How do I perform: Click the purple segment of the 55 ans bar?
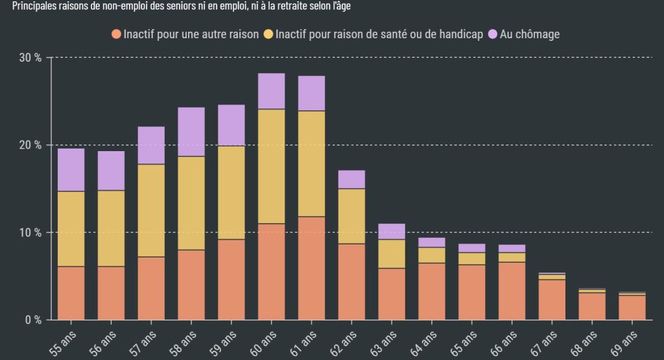tap(71, 170)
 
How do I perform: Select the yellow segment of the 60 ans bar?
tap(271, 166)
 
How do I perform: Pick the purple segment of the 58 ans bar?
tap(191, 132)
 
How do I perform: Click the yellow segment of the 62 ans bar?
tap(351, 216)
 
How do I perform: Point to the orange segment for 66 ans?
tap(512, 291)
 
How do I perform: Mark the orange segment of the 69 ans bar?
tap(632, 307)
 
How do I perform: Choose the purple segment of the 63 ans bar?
tap(392, 232)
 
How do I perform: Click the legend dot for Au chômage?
tap(493, 34)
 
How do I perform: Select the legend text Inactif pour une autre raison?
tap(191, 34)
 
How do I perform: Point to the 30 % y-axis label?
tap(29, 58)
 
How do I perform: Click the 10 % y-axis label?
tap(29, 232)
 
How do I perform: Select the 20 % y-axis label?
tap(29, 145)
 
